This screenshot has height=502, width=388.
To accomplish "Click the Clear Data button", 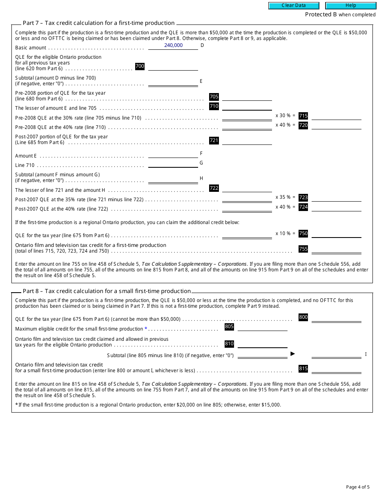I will pos(294,6).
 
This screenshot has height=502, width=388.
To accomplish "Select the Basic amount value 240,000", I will pos(173,45).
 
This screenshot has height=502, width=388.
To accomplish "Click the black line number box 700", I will pos(140,66).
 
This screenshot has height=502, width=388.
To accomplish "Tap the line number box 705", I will pos(214,97).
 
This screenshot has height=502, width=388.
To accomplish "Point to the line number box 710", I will pos(214,106).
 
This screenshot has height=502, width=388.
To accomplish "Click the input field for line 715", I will pos(337,116).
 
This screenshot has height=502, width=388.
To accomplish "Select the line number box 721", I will pos(214,140).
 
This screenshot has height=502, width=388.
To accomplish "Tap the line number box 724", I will pos(303,207).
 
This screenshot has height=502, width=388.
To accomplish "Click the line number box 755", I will pos(303,249).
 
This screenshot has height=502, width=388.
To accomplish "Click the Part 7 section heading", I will pos(98,23).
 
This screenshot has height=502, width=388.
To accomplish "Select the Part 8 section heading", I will pos(107,291).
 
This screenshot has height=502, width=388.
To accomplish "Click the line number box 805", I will pos(229,327).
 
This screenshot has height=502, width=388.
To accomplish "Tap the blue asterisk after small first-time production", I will pos(146,329).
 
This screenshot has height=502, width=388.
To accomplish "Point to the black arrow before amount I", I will pos(292,353).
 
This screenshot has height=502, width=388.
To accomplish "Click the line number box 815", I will pos(303,369).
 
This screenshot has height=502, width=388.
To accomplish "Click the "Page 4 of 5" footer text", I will pos(358,487).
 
